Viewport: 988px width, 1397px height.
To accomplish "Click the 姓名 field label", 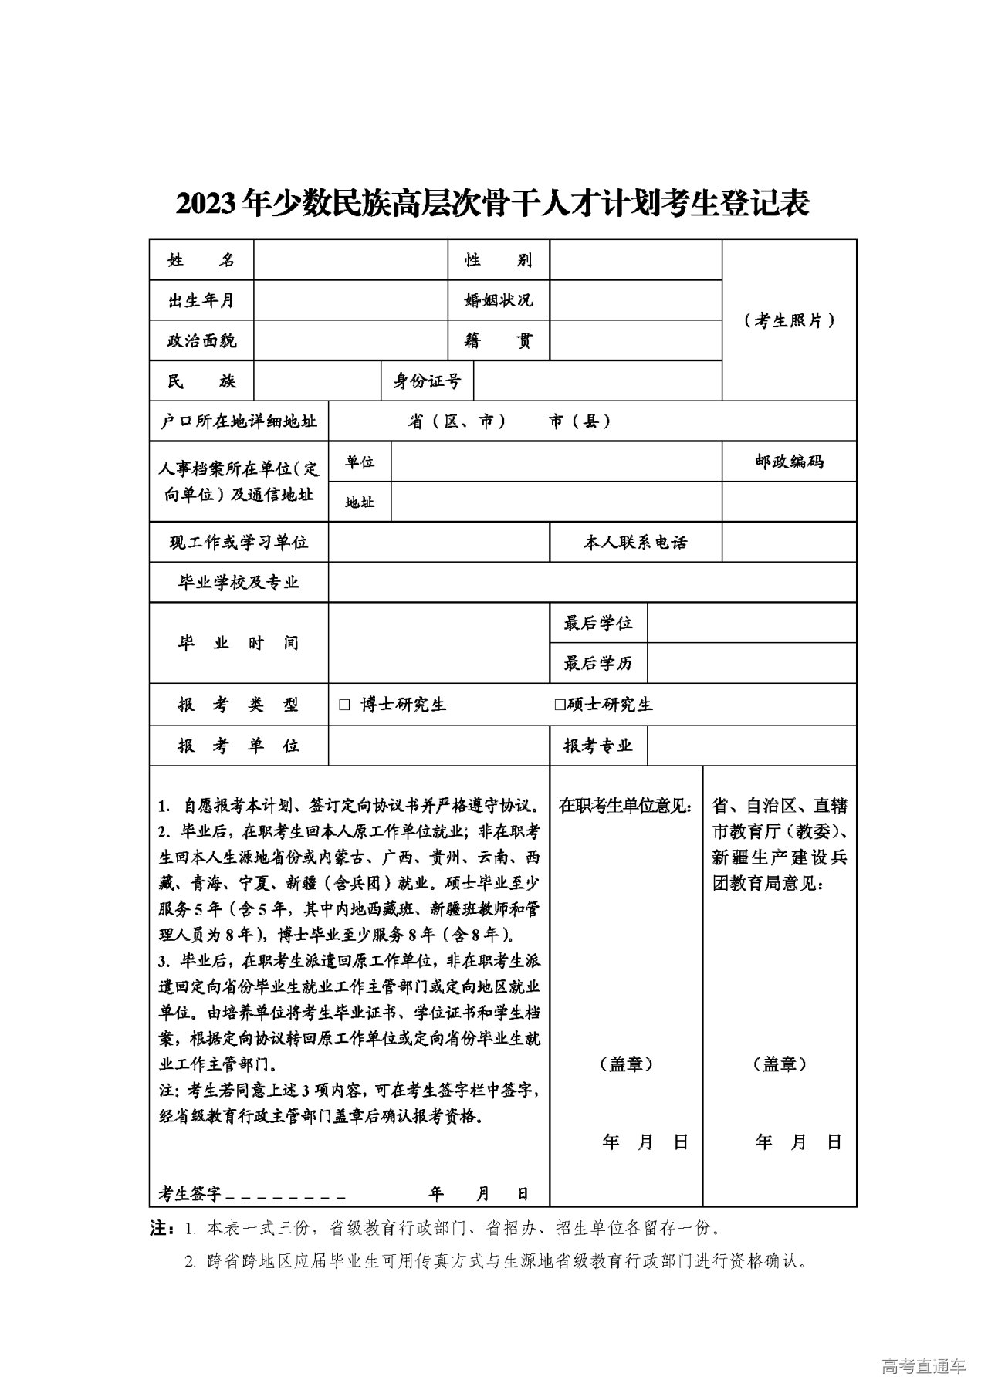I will pos(201,260).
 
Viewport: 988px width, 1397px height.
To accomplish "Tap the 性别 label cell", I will pos(498,260).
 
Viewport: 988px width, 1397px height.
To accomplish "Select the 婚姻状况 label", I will pos(498,300).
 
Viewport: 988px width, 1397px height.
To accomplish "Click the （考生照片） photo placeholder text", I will pos(790,320).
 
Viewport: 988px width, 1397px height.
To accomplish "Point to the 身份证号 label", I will pos(427,381).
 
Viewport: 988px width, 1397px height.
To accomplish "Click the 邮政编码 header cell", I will pos(789,462).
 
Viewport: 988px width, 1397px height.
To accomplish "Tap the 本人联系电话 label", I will pos(635,543).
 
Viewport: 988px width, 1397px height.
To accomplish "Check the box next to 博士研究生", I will pos(344,705).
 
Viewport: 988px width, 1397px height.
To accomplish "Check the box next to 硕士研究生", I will pos(560,705).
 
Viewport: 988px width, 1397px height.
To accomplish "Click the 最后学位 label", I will pos(598,623).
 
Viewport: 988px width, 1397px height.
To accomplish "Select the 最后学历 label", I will pos(598,663).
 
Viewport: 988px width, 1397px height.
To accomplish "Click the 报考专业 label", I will pos(598,746).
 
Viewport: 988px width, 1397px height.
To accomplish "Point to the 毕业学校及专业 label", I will pos(239,583).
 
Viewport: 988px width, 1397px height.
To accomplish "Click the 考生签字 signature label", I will pos(190,1194).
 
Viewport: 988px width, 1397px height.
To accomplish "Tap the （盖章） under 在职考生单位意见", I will pos(626,1064).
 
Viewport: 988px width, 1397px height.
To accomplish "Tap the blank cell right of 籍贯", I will pos(635,340).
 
